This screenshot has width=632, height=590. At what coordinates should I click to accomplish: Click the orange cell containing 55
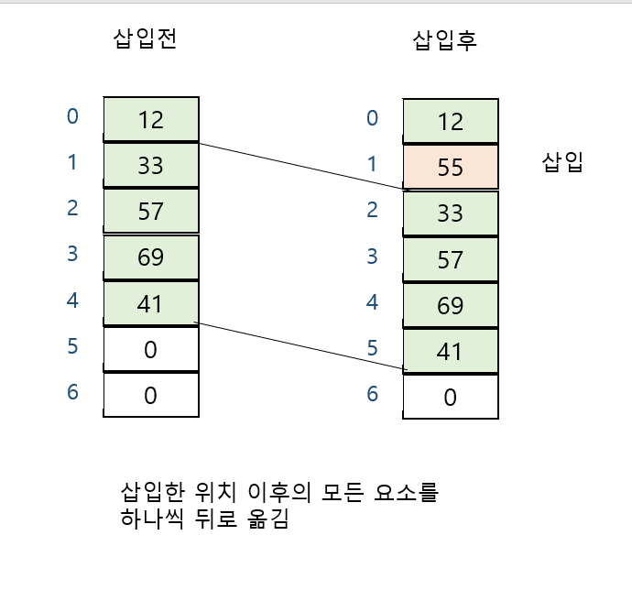point(451,167)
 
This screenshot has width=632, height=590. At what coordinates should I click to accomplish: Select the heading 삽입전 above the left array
point(144,41)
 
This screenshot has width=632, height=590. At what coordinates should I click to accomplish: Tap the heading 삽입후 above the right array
point(445,41)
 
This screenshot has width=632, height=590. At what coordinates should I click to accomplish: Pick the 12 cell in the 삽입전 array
point(150,119)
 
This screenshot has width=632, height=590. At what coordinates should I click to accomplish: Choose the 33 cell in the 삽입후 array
point(451,213)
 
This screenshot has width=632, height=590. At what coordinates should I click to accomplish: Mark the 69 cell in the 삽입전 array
point(150,257)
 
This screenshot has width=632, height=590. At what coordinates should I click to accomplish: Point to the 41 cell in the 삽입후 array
point(451,352)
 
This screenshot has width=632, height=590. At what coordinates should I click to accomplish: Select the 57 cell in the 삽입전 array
point(150,212)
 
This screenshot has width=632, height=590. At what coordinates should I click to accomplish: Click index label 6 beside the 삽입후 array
point(372,394)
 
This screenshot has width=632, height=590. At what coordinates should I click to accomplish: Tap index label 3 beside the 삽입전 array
point(72,254)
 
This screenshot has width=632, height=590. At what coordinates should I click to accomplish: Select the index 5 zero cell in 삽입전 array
point(150,349)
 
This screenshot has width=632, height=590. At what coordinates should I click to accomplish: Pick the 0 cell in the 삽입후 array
point(451,398)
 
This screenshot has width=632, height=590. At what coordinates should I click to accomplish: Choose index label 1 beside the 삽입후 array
point(372,163)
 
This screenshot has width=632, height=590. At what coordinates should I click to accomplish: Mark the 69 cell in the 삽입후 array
point(451,305)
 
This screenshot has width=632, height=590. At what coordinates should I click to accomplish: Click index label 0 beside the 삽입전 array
point(72,116)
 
